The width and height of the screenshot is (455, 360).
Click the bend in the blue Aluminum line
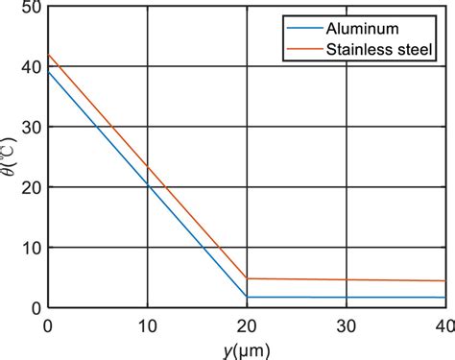tap(247, 298)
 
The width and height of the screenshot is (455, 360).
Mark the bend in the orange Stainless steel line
tap(247, 278)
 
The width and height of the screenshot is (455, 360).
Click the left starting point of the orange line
tap(48, 56)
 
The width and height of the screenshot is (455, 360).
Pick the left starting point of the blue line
tap(48, 71)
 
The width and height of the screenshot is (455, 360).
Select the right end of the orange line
tap(445, 281)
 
